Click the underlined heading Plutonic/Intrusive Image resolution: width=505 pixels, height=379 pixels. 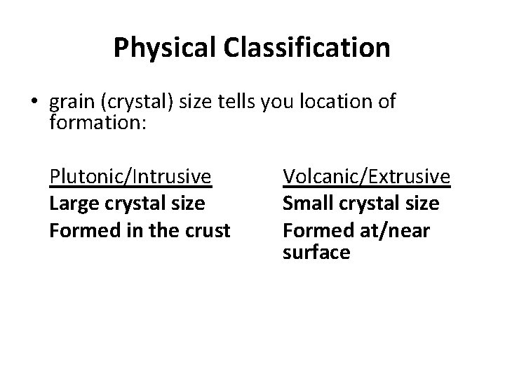pyautogui.click(x=130, y=176)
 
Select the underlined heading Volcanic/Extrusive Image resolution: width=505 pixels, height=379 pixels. pyautogui.click(x=366, y=176)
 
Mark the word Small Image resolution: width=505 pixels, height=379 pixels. pyautogui.click(x=306, y=204)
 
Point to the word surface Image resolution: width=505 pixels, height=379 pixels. pyautogui.click(x=316, y=253)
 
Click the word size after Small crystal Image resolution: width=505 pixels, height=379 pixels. pyautogui.click(x=422, y=204)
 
